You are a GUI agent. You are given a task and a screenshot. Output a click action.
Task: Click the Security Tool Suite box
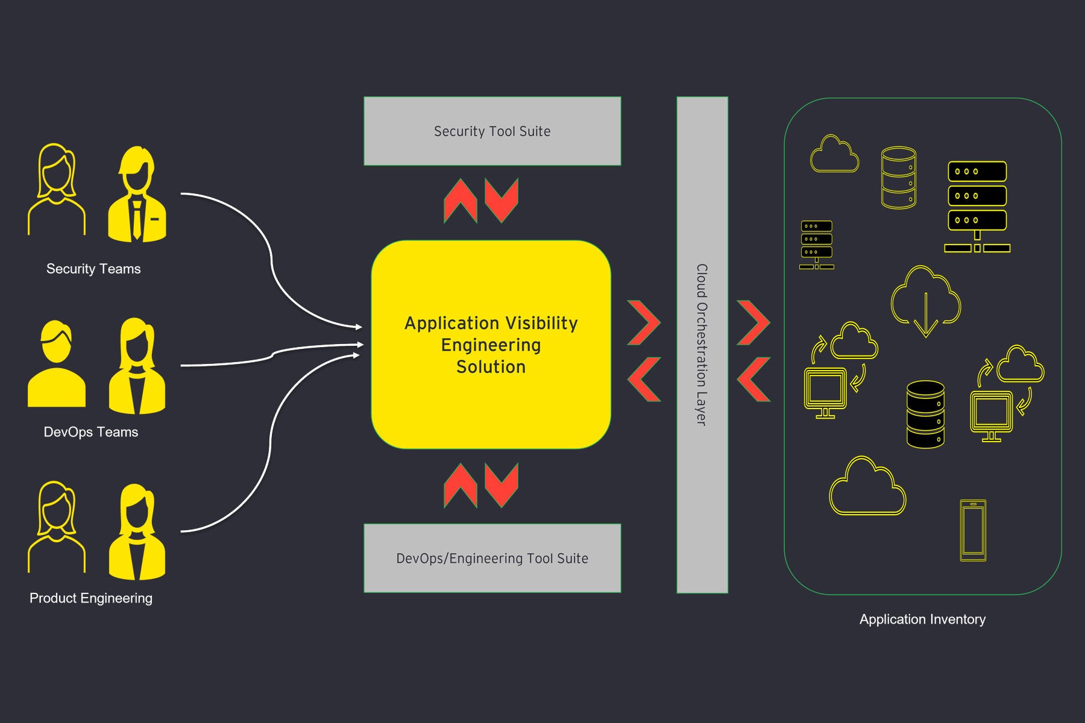492,131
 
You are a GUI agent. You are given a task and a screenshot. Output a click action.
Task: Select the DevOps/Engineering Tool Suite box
492,558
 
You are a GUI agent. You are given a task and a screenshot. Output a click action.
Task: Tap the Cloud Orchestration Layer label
702,345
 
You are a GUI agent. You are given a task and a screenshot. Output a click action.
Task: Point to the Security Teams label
93,269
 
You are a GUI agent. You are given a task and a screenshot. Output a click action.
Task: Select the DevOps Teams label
91,432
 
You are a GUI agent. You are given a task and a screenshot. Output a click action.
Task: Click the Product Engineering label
91,598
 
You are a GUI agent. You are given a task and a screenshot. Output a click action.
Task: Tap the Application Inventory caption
922,619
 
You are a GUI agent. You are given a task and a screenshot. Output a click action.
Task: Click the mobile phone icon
973,530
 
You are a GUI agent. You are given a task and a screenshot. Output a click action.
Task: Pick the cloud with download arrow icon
925,300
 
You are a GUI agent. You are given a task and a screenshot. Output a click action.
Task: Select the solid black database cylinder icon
925,414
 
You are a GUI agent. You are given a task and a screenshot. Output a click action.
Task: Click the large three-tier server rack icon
976,205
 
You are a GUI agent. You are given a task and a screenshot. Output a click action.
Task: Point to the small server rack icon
817,245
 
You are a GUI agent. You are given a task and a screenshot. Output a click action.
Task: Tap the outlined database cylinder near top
898,178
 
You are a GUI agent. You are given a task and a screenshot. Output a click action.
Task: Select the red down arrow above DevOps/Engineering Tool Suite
502,485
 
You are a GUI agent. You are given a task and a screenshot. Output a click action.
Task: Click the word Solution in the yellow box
491,367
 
